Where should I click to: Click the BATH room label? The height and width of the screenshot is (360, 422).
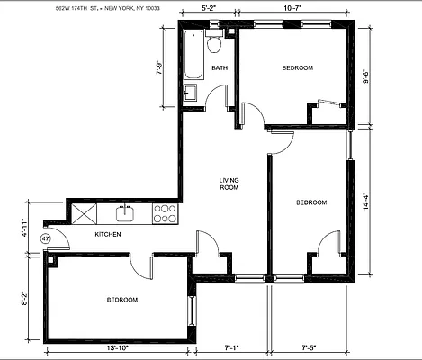220,68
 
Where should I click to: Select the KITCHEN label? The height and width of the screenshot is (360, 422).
109,235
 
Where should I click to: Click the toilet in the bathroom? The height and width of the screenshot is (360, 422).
214,46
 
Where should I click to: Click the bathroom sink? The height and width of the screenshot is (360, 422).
191,92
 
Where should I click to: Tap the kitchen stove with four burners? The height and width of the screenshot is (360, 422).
165,213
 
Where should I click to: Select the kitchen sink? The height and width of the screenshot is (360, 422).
126,212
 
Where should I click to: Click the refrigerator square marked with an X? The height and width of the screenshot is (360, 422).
86,213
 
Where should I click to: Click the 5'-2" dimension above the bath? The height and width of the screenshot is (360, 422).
209,9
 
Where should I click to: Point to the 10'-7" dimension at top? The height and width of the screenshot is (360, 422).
294,9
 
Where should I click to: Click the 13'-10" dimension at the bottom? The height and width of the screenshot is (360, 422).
118,347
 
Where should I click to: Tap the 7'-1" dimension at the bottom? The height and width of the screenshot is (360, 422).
232,347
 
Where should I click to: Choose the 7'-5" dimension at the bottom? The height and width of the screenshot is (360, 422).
309,347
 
